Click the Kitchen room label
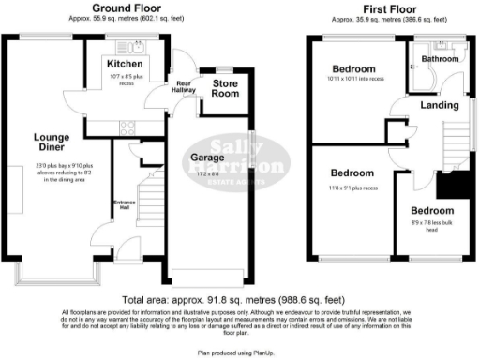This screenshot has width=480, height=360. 125,62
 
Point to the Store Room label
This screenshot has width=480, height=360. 226,88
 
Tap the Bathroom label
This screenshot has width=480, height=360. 439,59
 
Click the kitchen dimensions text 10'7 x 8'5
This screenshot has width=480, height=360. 126,75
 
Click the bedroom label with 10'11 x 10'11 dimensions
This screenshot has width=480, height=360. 353,69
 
